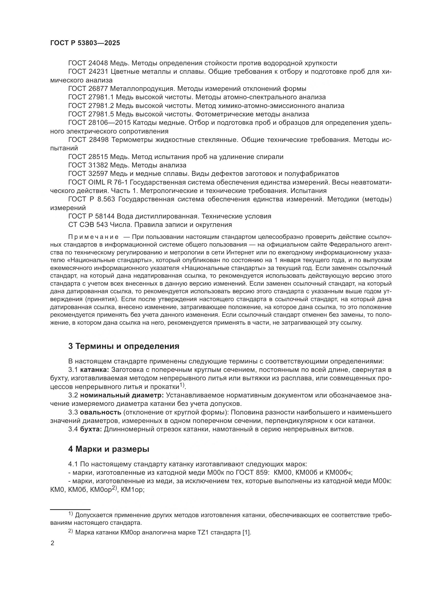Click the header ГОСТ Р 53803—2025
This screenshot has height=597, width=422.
85,43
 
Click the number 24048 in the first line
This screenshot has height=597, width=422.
98,63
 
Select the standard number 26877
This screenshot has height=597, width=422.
98,89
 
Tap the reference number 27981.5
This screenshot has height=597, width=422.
102,114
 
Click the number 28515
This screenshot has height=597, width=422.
98,157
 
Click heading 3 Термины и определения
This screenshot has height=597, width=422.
124,346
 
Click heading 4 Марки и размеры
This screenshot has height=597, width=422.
109,449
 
